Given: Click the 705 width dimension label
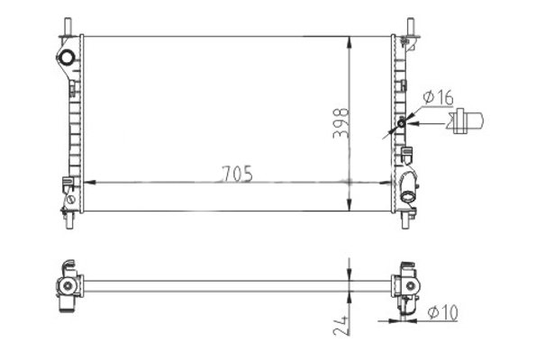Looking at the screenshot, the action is tap(237, 174).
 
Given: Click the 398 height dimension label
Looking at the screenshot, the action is tap(341, 123).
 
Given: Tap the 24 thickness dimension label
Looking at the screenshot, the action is tap(341, 325).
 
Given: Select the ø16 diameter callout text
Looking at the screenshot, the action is tap(438, 98).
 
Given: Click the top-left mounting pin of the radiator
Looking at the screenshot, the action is tap(68, 26).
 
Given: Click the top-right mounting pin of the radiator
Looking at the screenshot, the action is tap(411, 26).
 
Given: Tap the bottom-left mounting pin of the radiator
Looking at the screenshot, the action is tap(69, 220).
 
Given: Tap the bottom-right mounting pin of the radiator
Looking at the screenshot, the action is tap(405, 220).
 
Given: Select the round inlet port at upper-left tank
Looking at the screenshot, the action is tap(67, 57).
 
